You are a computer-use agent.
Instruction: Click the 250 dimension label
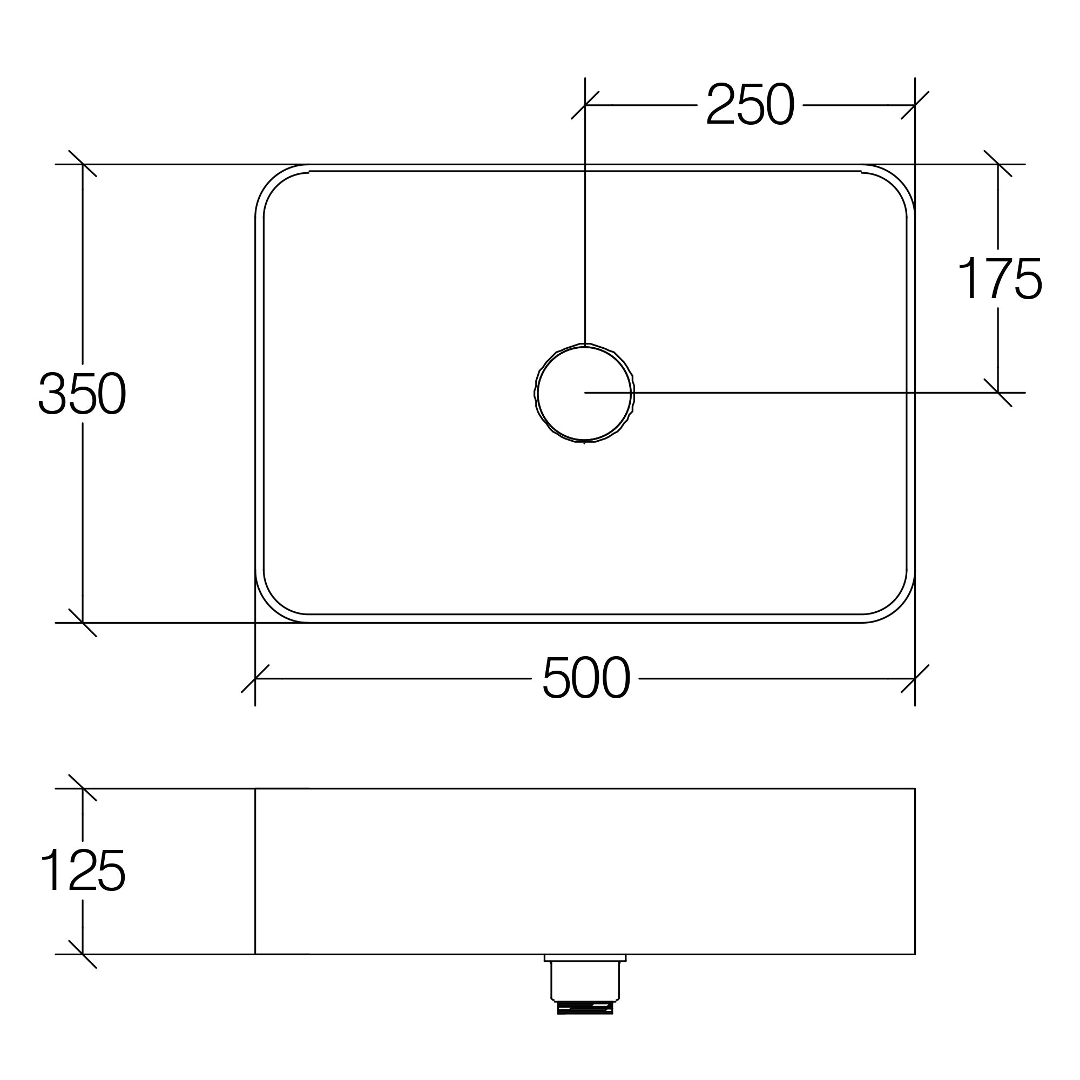(x=750, y=105)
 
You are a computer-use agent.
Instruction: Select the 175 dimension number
(x=1000, y=279)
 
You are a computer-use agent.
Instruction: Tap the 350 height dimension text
(x=82, y=394)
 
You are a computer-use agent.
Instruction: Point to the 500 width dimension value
(x=586, y=678)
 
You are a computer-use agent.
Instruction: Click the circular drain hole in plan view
(x=584, y=393)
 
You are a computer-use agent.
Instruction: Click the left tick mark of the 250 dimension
(x=585, y=105)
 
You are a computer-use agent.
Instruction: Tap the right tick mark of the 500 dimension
(x=915, y=679)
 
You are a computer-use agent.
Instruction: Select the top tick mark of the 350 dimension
(x=83, y=164)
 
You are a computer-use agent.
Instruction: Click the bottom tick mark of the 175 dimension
(x=998, y=393)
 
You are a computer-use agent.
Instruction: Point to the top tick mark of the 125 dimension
(x=83, y=788)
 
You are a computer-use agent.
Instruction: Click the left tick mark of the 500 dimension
(x=255, y=679)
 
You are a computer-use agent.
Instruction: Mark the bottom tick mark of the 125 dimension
(x=83, y=954)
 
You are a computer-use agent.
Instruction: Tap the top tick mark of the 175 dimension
(x=998, y=164)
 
